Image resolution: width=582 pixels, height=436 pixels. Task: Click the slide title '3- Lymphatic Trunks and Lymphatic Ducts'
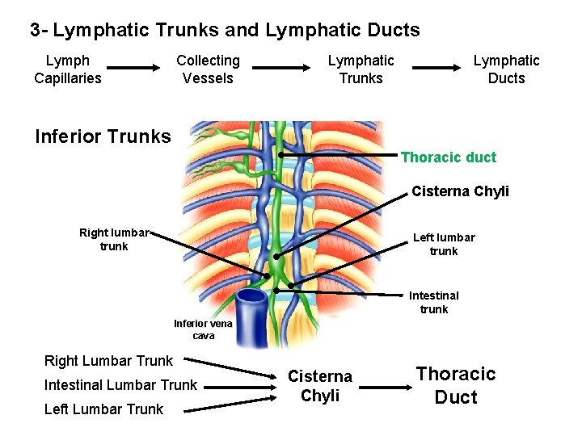coord(225,31)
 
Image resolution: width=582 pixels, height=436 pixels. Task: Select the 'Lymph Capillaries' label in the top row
coord(68,69)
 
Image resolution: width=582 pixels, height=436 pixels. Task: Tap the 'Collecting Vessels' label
coord(208,69)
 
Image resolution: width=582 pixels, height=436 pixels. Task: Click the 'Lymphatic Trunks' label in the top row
coord(361,69)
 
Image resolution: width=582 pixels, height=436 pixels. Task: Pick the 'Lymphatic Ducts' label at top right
coord(506,69)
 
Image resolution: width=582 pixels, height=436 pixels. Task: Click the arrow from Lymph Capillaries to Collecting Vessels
coord(137,69)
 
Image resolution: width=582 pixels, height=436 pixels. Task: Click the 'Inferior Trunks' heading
coord(103,136)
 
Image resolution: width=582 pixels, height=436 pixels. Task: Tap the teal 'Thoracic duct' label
coord(449,157)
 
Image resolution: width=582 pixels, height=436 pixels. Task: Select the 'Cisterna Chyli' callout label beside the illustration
coord(460,191)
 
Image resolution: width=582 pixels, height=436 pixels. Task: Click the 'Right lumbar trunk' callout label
coord(114,240)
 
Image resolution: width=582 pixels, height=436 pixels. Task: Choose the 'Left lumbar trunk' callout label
coord(444,244)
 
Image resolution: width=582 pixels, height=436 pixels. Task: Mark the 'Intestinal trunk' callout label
coord(433,302)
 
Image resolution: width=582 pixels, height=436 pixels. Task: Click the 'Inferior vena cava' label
coord(203,329)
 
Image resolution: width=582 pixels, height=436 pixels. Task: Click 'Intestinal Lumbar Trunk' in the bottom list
coord(120,385)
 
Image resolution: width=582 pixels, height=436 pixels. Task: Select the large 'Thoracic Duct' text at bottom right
coord(455,385)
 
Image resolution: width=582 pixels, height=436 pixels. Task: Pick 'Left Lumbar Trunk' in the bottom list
coord(103,409)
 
